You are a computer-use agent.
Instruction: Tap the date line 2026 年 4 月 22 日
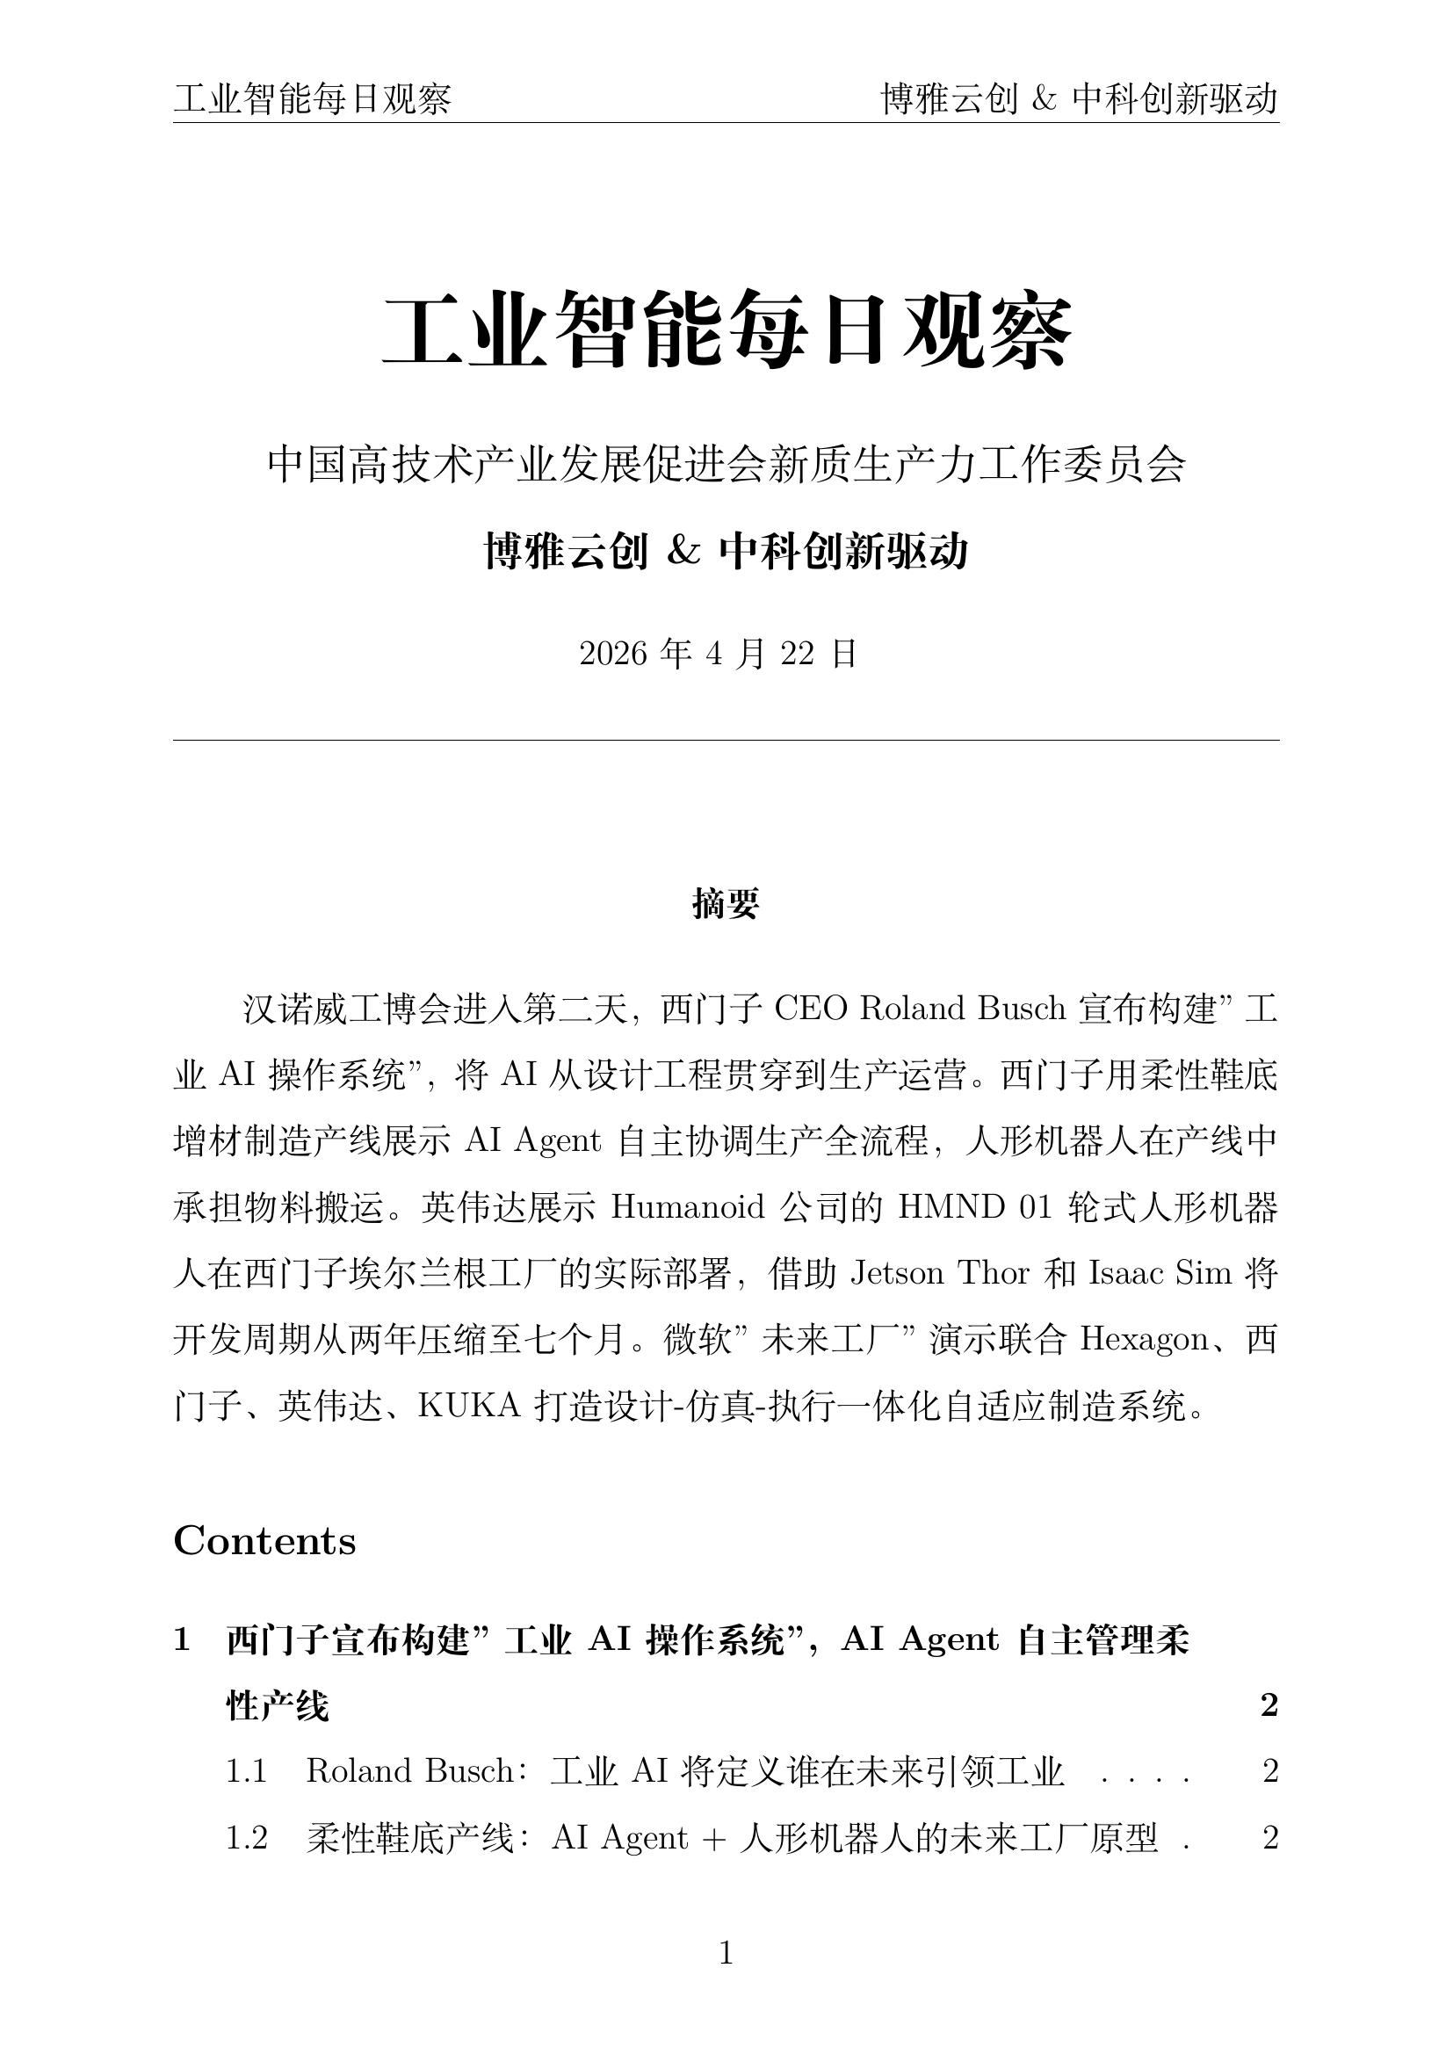coord(719,655)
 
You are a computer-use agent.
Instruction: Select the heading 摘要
coord(726,904)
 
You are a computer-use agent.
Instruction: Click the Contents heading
coord(264,1541)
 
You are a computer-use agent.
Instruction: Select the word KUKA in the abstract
coord(469,1406)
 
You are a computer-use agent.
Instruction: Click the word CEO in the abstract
coord(810,1009)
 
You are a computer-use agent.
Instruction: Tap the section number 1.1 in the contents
coord(247,1770)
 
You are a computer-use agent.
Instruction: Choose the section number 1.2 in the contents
coord(247,1837)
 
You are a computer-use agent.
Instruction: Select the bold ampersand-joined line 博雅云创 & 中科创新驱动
coord(726,552)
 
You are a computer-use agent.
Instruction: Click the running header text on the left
coord(312,99)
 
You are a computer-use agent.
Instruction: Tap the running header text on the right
coord(1079,99)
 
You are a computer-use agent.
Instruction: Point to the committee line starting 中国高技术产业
coord(726,465)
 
